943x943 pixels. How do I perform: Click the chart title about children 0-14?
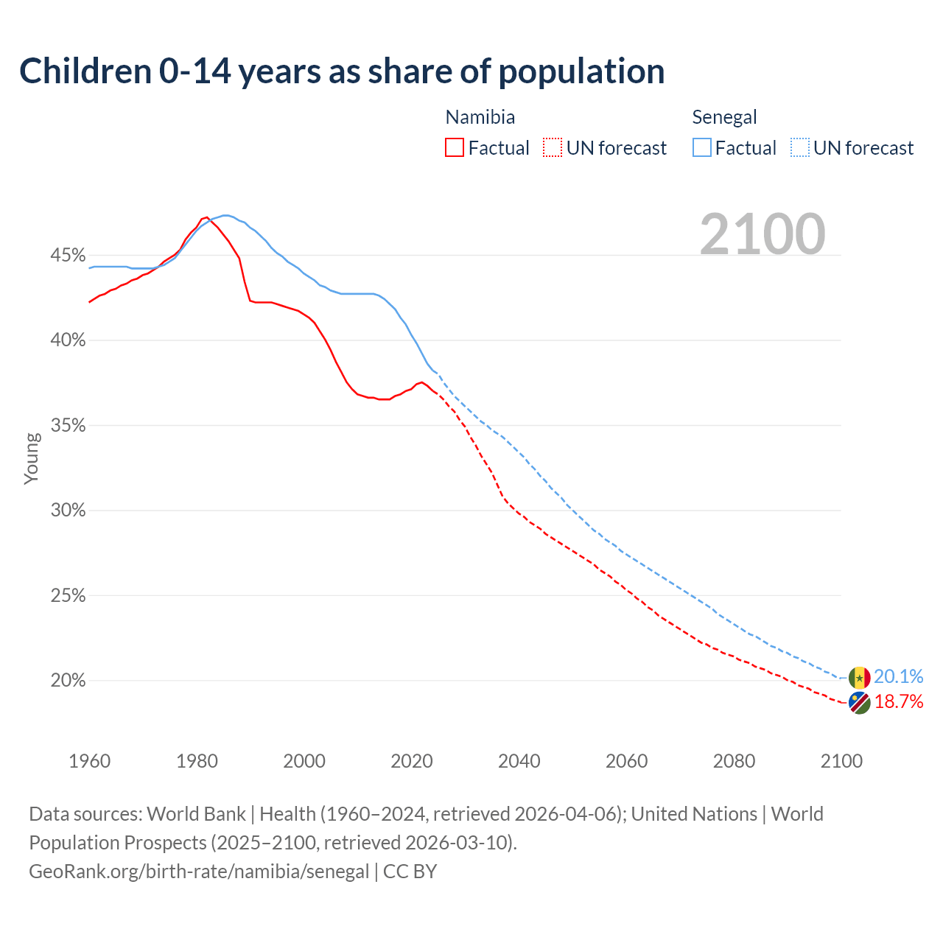342,71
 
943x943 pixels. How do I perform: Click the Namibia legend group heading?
480,117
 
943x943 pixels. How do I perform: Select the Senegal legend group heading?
724,117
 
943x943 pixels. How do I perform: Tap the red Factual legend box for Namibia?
455,148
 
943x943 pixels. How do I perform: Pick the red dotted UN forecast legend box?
553,148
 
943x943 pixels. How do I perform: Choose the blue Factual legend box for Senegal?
702,148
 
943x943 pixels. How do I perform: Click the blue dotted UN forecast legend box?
800,148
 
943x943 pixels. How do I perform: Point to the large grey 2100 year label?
763,234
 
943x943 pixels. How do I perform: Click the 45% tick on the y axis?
68,256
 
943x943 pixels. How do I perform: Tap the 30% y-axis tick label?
68,511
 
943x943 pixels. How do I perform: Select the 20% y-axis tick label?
68,681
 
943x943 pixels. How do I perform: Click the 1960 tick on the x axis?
89,761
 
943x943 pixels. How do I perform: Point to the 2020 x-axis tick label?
412,761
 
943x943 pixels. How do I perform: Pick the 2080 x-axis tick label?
734,761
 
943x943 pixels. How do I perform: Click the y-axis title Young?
32,458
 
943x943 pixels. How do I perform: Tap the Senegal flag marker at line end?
859,678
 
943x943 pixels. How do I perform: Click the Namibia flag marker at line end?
859,703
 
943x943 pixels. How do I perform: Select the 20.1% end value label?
898,677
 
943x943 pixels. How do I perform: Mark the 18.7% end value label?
898,702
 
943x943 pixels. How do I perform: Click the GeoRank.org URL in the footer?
199,872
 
